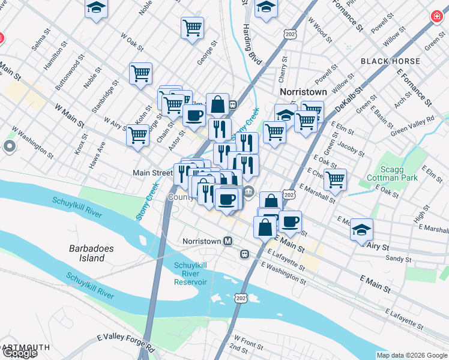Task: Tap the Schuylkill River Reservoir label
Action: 190,274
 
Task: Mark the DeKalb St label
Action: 350,97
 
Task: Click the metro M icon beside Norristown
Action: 228,241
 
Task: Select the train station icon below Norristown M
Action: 245,254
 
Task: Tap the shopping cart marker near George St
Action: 192,27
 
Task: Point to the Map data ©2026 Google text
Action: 411,355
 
